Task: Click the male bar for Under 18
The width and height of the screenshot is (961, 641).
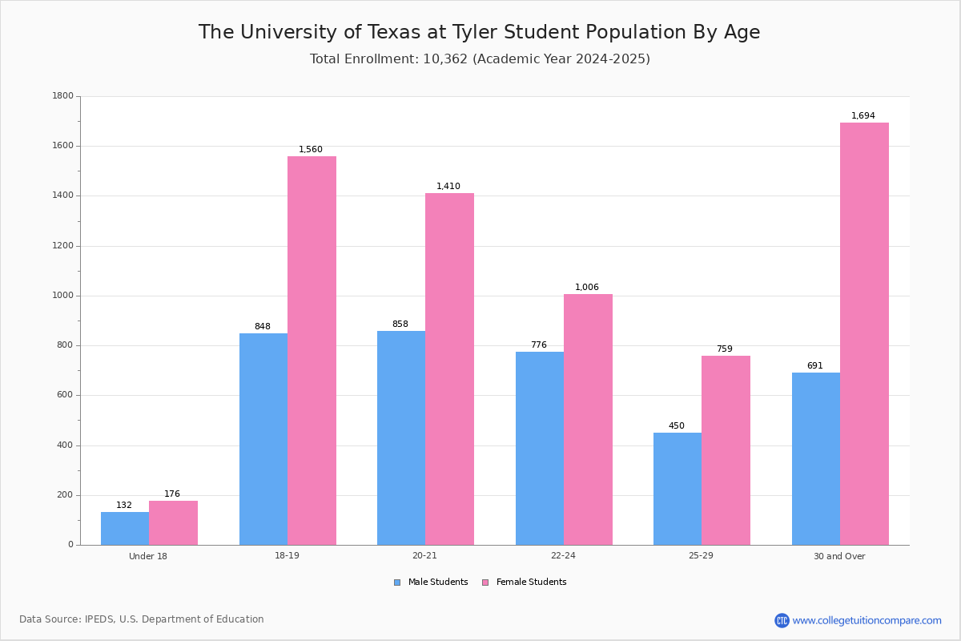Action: (x=125, y=528)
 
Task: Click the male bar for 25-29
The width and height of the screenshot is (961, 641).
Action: (x=678, y=489)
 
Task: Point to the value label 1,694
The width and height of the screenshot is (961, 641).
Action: (x=863, y=116)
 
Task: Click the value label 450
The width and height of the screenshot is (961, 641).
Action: (x=677, y=426)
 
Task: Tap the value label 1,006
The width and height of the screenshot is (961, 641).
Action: (x=587, y=288)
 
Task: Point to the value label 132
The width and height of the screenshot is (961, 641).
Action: (x=124, y=506)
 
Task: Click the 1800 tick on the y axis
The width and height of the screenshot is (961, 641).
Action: (x=62, y=96)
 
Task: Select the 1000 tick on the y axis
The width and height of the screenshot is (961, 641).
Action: (x=62, y=296)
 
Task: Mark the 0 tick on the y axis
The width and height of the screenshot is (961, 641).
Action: (x=70, y=545)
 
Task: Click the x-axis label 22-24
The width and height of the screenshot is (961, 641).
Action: (x=563, y=556)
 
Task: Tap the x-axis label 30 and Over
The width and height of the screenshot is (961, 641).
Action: (x=839, y=556)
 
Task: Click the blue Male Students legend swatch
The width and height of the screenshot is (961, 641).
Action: (x=397, y=583)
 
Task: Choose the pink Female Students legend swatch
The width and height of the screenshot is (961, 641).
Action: (x=485, y=583)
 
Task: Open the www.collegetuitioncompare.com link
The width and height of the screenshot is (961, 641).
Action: (x=867, y=620)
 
